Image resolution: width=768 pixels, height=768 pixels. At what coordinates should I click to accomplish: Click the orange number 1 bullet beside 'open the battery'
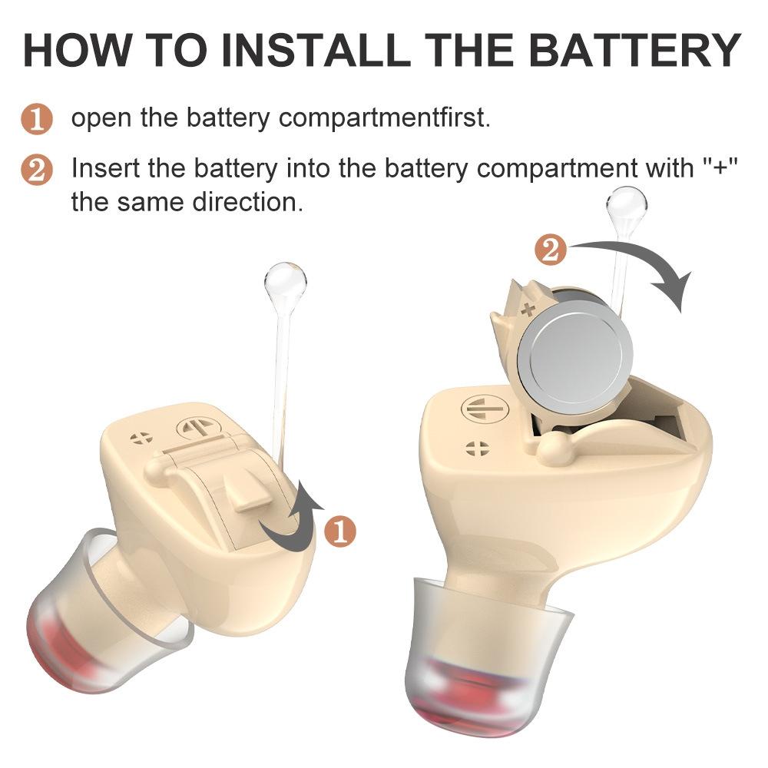(x=36, y=121)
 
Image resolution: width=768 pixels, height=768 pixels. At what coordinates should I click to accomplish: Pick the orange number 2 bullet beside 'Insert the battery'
(x=36, y=170)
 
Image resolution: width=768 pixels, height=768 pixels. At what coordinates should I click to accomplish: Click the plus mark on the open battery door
(x=527, y=310)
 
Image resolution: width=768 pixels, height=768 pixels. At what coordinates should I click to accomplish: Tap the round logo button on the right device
(x=478, y=409)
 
